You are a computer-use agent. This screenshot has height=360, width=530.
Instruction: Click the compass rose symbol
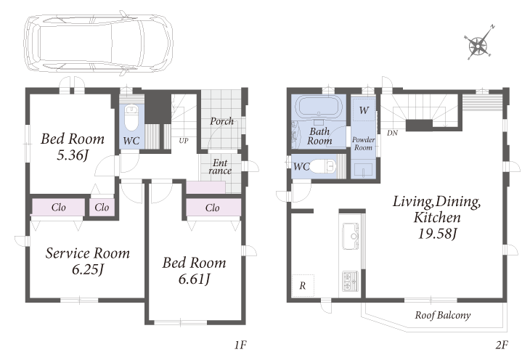(x=478, y=44)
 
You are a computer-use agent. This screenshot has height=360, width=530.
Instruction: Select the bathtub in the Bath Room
(x=318, y=106)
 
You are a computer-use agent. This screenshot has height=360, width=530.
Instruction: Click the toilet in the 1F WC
(x=131, y=118)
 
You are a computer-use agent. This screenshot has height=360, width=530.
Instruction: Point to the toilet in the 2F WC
(x=323, y=166)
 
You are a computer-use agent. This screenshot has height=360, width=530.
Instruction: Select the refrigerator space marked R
(x=303, y=286)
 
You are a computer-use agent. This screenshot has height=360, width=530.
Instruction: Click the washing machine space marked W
(x=364, y=110)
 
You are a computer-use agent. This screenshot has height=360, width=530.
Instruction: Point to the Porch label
(x=221, y=120)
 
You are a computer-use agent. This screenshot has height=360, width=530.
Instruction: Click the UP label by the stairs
(x=184, y=140)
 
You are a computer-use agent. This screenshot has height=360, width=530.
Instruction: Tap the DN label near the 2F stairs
(x=392, y=133)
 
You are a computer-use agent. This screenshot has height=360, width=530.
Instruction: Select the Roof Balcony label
(x=442, y=315)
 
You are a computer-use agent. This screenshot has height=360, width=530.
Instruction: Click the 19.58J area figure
(x=438, y=233)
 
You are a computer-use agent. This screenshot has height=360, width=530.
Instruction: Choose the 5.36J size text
(x=73, y=155)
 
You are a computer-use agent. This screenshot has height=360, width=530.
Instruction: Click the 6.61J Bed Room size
(x=195, y=279)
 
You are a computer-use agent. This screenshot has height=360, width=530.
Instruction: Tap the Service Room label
(x=88, y=253)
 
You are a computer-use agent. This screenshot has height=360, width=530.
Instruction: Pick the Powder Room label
(x=363, y=144)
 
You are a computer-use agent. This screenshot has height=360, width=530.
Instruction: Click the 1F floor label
(x=240, y=345)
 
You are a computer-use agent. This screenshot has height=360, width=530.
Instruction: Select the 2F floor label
(x=502, y=345)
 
